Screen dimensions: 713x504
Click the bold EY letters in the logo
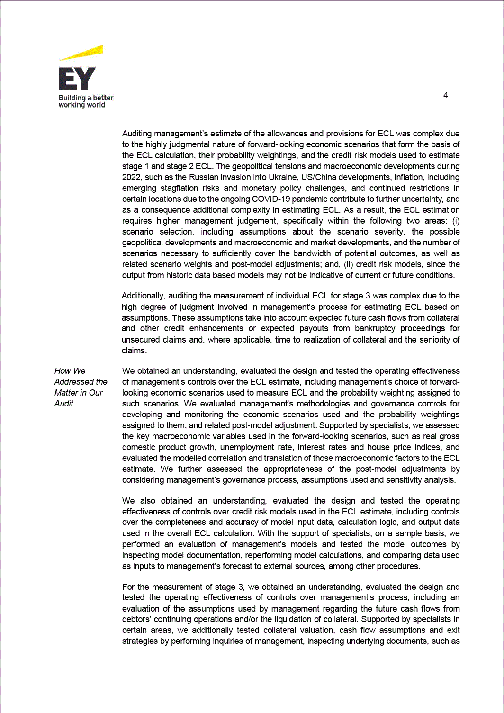(x=77, y=79)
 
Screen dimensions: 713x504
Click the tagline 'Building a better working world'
(x=86, y=101)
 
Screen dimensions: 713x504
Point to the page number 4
(x=446, y=95)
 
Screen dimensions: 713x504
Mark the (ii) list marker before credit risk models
(x=348, y=264)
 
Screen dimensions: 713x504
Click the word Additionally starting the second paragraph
(x=144, y=296)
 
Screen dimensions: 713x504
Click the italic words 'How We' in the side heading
(x=70, y=371)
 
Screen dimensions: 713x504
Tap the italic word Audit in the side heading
(x=64, y=404)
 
